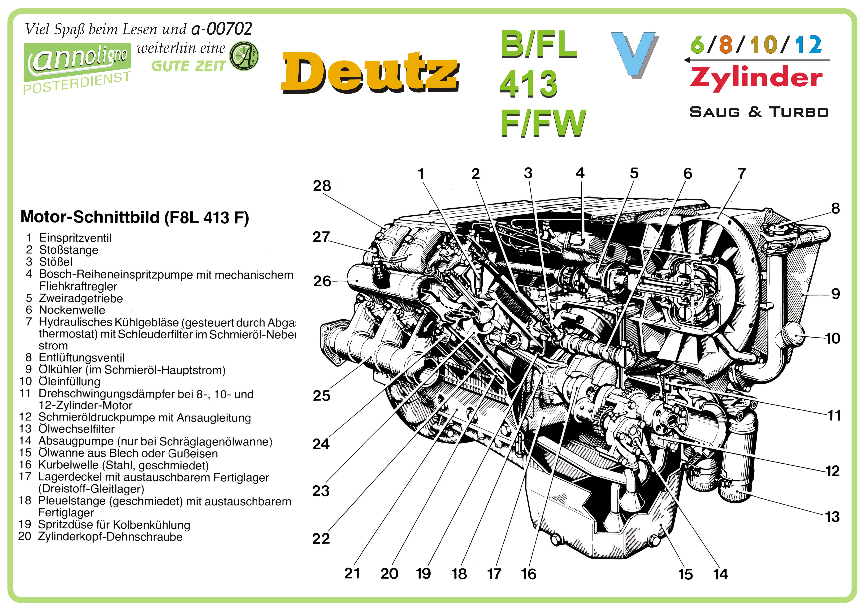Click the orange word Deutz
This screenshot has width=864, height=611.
[370, 72]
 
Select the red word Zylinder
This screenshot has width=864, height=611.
[756, 78]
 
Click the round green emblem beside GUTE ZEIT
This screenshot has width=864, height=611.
[244, 56]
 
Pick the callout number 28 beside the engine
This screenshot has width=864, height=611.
[322, 186]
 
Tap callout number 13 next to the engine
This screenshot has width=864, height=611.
[832, 517]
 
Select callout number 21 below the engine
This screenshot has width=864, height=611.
[352, 573]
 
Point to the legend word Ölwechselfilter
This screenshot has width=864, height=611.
[76, 429]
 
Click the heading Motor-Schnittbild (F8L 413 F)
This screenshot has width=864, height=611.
[134, 217]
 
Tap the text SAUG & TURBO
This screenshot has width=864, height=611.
[759, 112]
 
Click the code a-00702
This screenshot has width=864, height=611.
[222, 29]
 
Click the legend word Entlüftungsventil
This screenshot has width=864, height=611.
[81, 358]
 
